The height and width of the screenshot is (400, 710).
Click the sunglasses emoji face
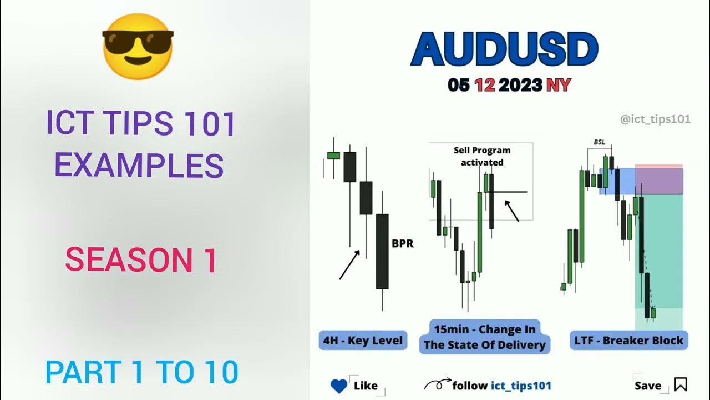138,46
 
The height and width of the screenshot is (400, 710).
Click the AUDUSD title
504,50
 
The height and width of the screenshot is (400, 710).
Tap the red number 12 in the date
485,85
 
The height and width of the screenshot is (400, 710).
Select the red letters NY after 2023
559,85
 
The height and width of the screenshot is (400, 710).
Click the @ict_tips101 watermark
656,119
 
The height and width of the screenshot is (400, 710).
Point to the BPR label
403,243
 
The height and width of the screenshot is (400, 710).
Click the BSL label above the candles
600,142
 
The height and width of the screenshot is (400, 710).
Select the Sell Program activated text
481,156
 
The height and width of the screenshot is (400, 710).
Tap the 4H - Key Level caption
363,340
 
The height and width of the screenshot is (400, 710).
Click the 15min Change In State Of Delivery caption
485,337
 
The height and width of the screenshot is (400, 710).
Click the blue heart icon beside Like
338,386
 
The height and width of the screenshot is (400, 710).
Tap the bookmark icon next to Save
681,384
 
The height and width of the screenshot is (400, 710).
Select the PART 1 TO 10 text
141,372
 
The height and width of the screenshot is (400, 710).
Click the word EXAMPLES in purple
139,165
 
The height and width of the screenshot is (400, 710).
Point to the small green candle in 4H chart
333,156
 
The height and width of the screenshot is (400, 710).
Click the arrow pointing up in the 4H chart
349,264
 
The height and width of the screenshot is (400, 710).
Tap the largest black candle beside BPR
382,251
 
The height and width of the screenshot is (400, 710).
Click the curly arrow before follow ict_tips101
437,384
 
